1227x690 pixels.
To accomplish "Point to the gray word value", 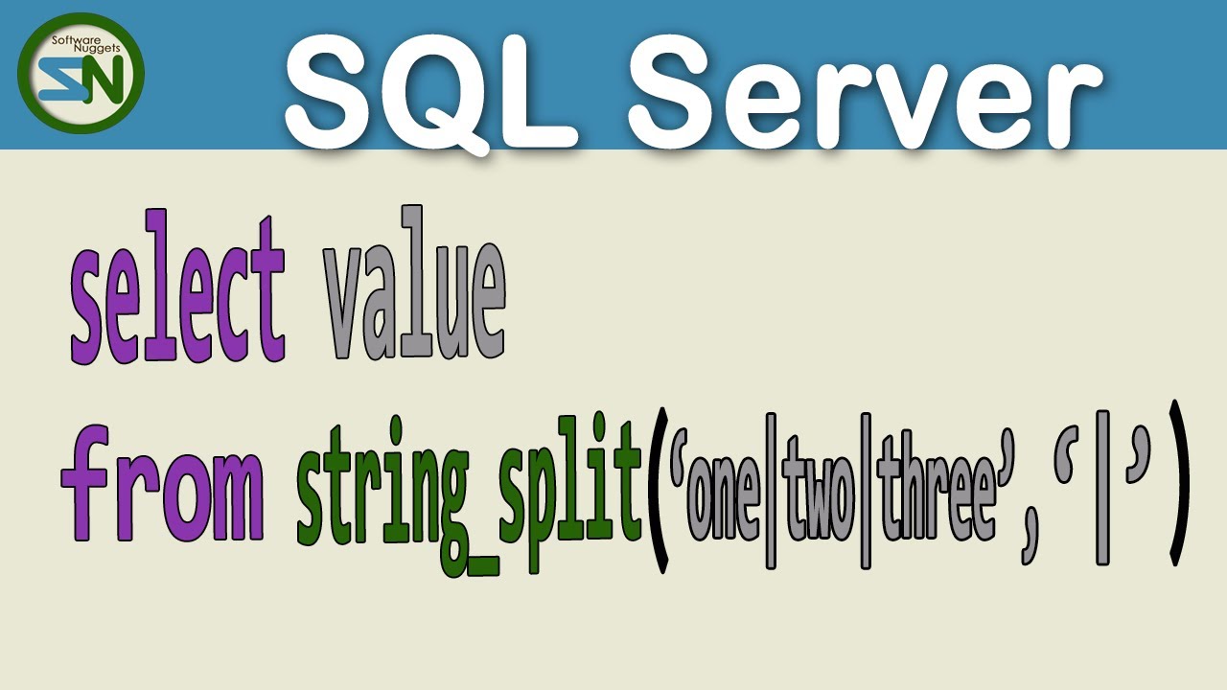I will (x=414, y=287).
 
